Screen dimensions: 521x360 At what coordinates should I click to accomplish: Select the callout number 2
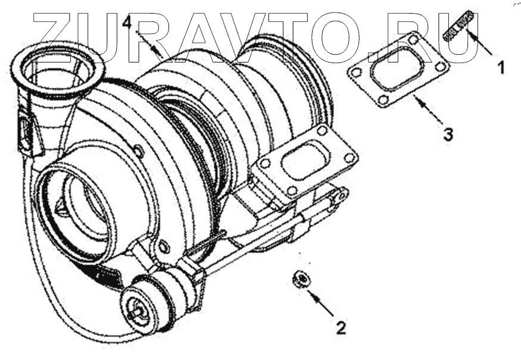341,328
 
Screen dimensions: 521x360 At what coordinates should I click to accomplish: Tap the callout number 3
448,135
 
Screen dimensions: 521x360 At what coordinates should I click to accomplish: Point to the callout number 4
127,23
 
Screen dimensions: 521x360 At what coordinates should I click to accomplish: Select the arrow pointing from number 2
321,303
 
